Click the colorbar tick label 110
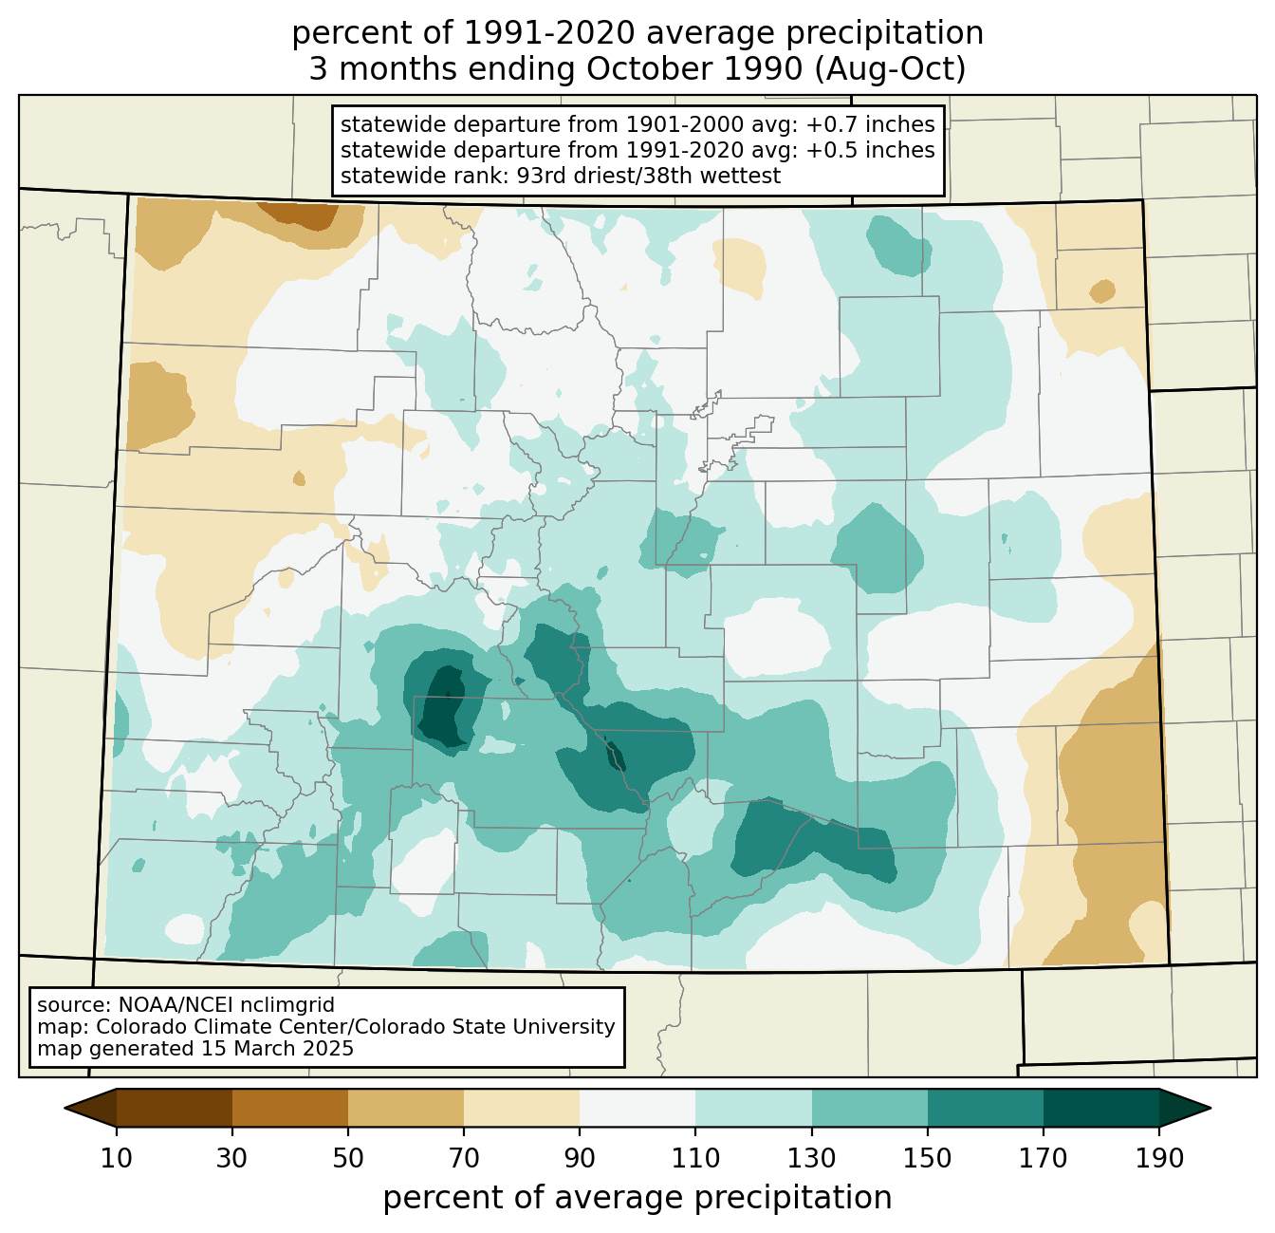[x=695, y=1158]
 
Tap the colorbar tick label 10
[x=116, y=1158]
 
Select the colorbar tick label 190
[x=1159, y=1158]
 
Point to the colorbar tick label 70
[x=464, y=1158]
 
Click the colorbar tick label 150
[x=927, y=1158]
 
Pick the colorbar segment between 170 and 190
[x=1100, y=1108]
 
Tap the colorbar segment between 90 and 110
[x=637, y=1108]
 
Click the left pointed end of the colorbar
[x=65, y=1108]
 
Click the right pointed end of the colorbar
[x=1210, y=1108]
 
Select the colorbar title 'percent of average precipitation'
[x=637, y=1198]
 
